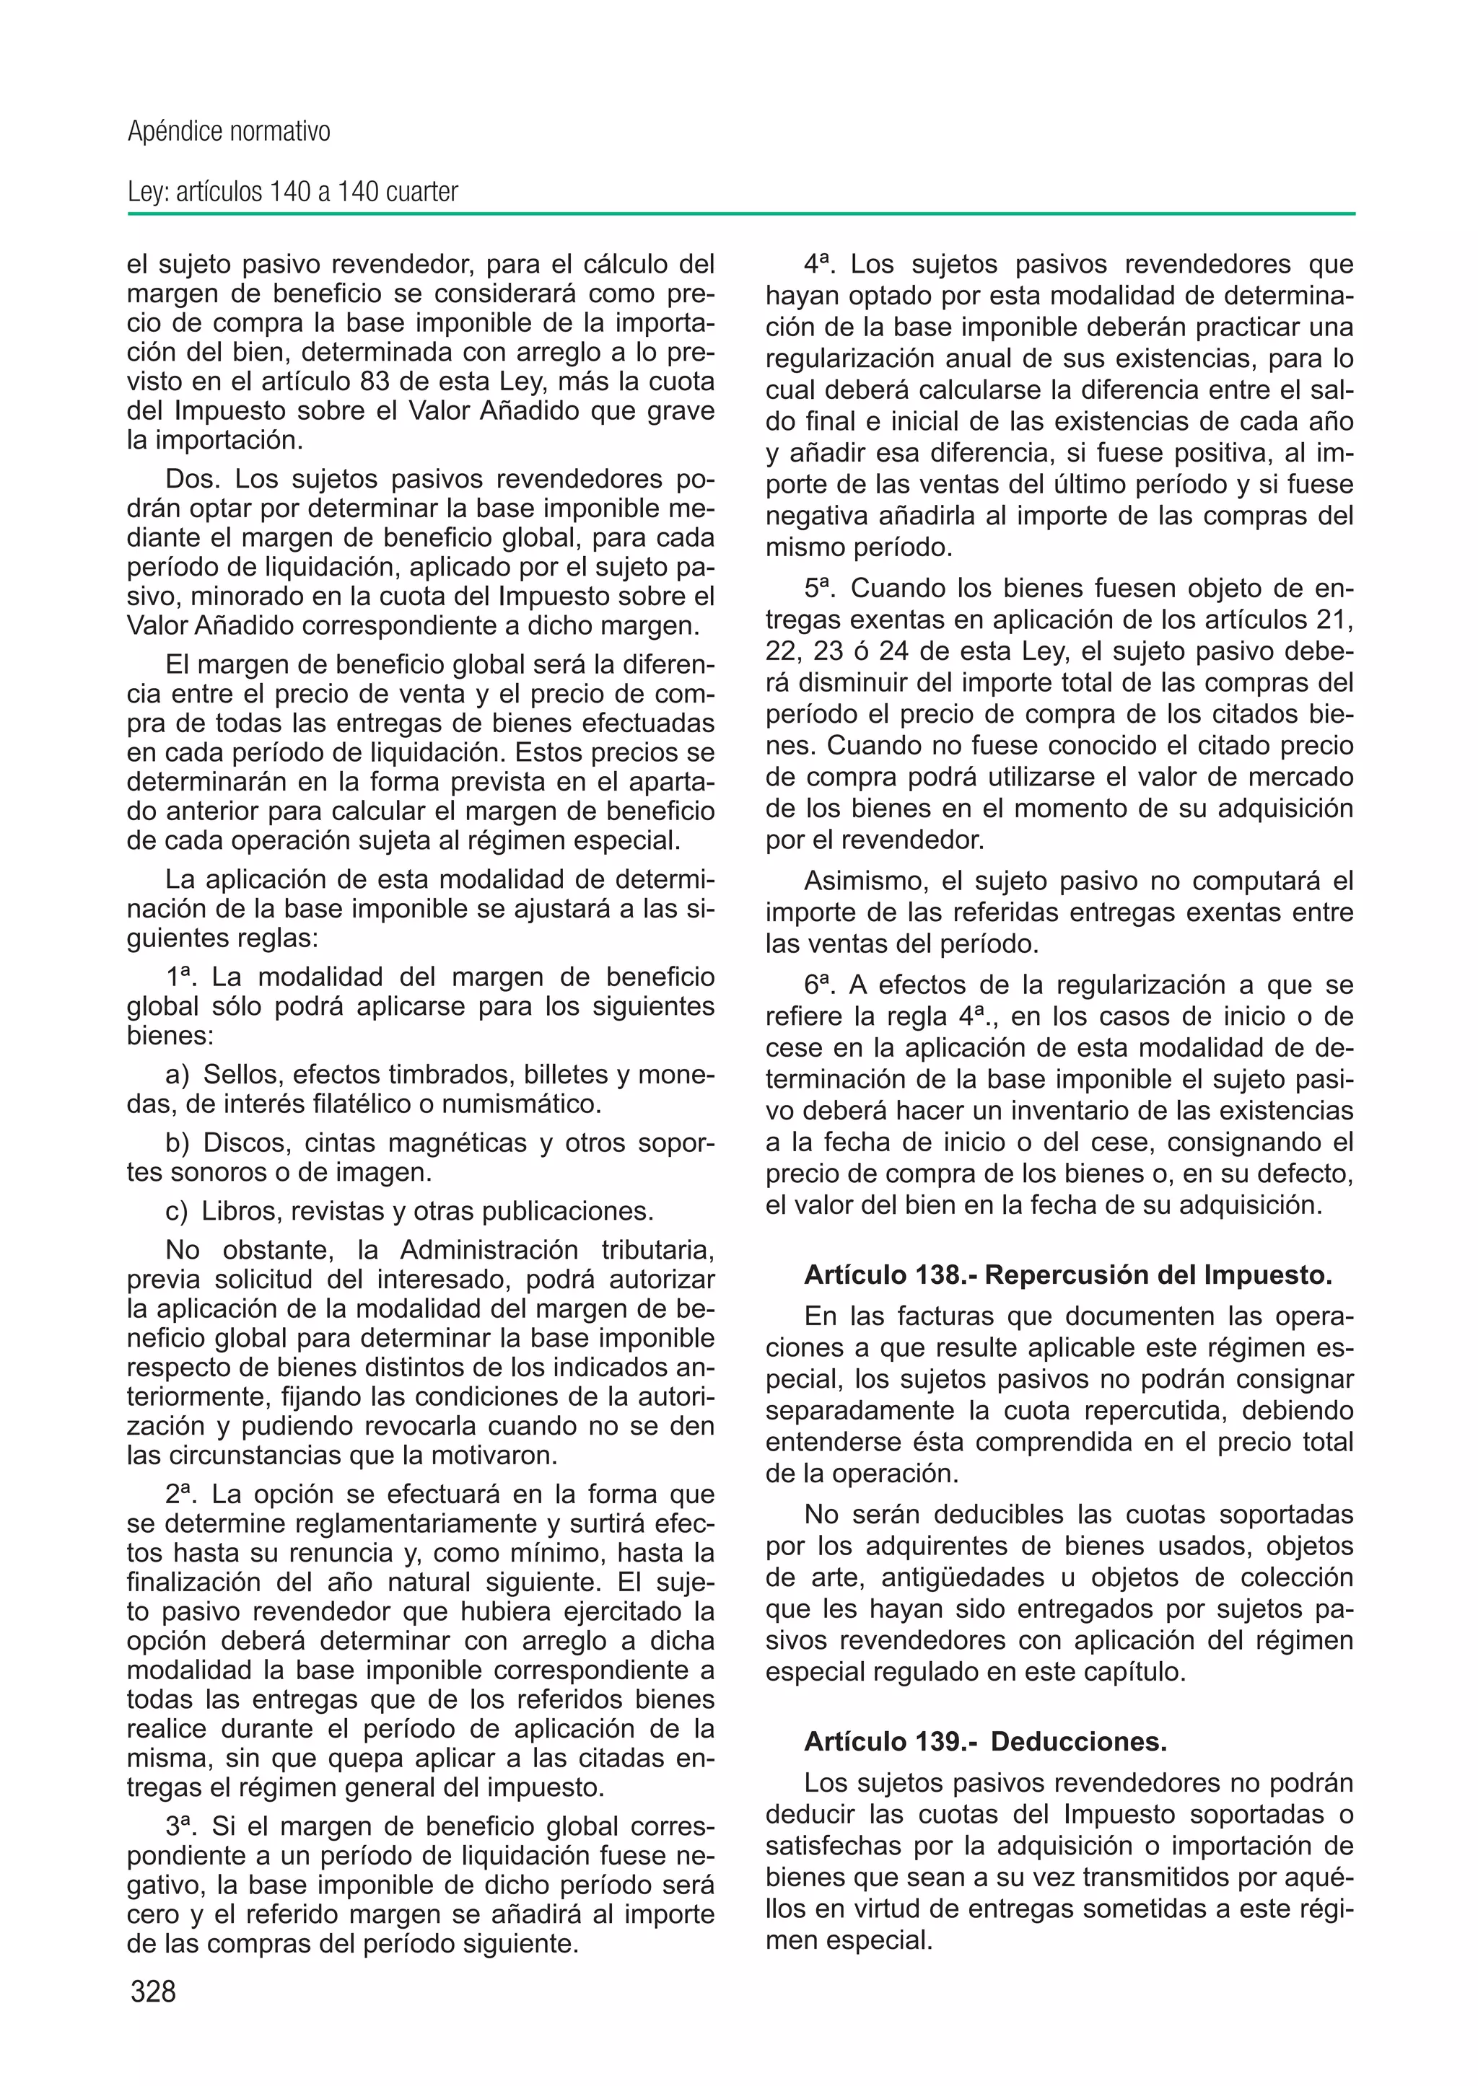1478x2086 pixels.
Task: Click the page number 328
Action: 153,1992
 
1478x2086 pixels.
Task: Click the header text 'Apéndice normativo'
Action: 229,133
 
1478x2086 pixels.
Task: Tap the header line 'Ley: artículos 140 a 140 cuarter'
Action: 292,193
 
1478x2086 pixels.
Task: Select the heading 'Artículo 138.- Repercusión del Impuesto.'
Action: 1067,1275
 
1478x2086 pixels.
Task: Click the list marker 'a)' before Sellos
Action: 178,1075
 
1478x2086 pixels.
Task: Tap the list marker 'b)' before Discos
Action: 178,1143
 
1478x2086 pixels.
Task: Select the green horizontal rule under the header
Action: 741,215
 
